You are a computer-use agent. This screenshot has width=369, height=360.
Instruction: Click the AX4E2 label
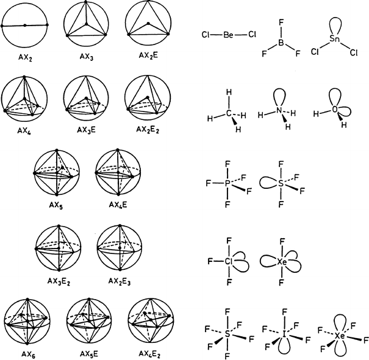point(148,354)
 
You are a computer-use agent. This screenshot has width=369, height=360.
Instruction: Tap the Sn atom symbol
point(335,40)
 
